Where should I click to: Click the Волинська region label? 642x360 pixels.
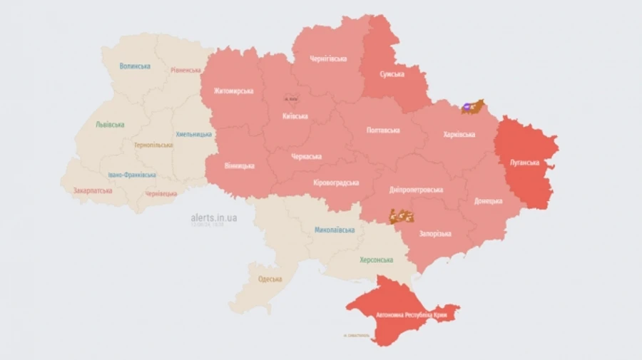click(x=135, y=66)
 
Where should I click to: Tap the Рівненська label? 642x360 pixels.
click(x=185, y=71)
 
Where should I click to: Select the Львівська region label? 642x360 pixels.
click(x=110, y=125)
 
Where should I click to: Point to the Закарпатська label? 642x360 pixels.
click(x=93, y=191)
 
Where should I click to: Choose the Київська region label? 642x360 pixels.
click(x=295, y=116)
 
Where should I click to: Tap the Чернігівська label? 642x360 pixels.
click(x=329, y=61)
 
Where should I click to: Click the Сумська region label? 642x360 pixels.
click(x=392, y=73)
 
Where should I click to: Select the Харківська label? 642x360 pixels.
click(x=459, y=134)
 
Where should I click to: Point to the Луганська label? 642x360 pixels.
click(x=524, y=162)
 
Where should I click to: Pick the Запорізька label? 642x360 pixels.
click(x=434, y=234)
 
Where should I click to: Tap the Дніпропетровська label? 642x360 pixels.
click(x=416, y=190)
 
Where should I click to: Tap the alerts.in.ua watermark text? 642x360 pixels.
click(x=214, y=217)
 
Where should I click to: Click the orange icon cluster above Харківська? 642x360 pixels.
click(x=472, y=107)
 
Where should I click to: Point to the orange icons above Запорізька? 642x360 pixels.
click(x=402, y=215)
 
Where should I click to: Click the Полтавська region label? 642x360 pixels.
click(x=383, y=130)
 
